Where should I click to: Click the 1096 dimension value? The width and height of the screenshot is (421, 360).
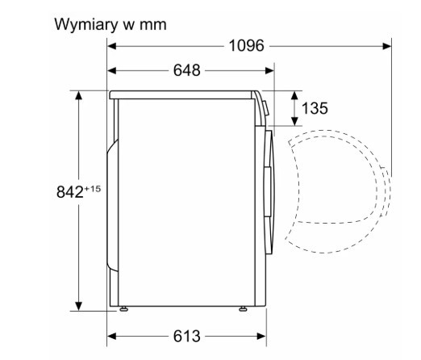pos(246,45)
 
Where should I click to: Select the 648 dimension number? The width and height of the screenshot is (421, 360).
pos(186,70)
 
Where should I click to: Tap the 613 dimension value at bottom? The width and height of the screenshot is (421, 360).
pos(186,336)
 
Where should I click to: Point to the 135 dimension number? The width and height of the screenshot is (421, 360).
pos(315,108)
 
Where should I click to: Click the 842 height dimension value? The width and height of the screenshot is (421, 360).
pos(70,192)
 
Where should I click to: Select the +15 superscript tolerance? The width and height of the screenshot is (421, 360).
pos(93,189)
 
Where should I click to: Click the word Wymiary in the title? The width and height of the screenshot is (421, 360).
pos(86,25)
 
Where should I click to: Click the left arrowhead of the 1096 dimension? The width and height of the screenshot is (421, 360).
pos(111,46)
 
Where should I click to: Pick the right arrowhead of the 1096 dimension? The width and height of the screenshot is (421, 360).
pos(387,46)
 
